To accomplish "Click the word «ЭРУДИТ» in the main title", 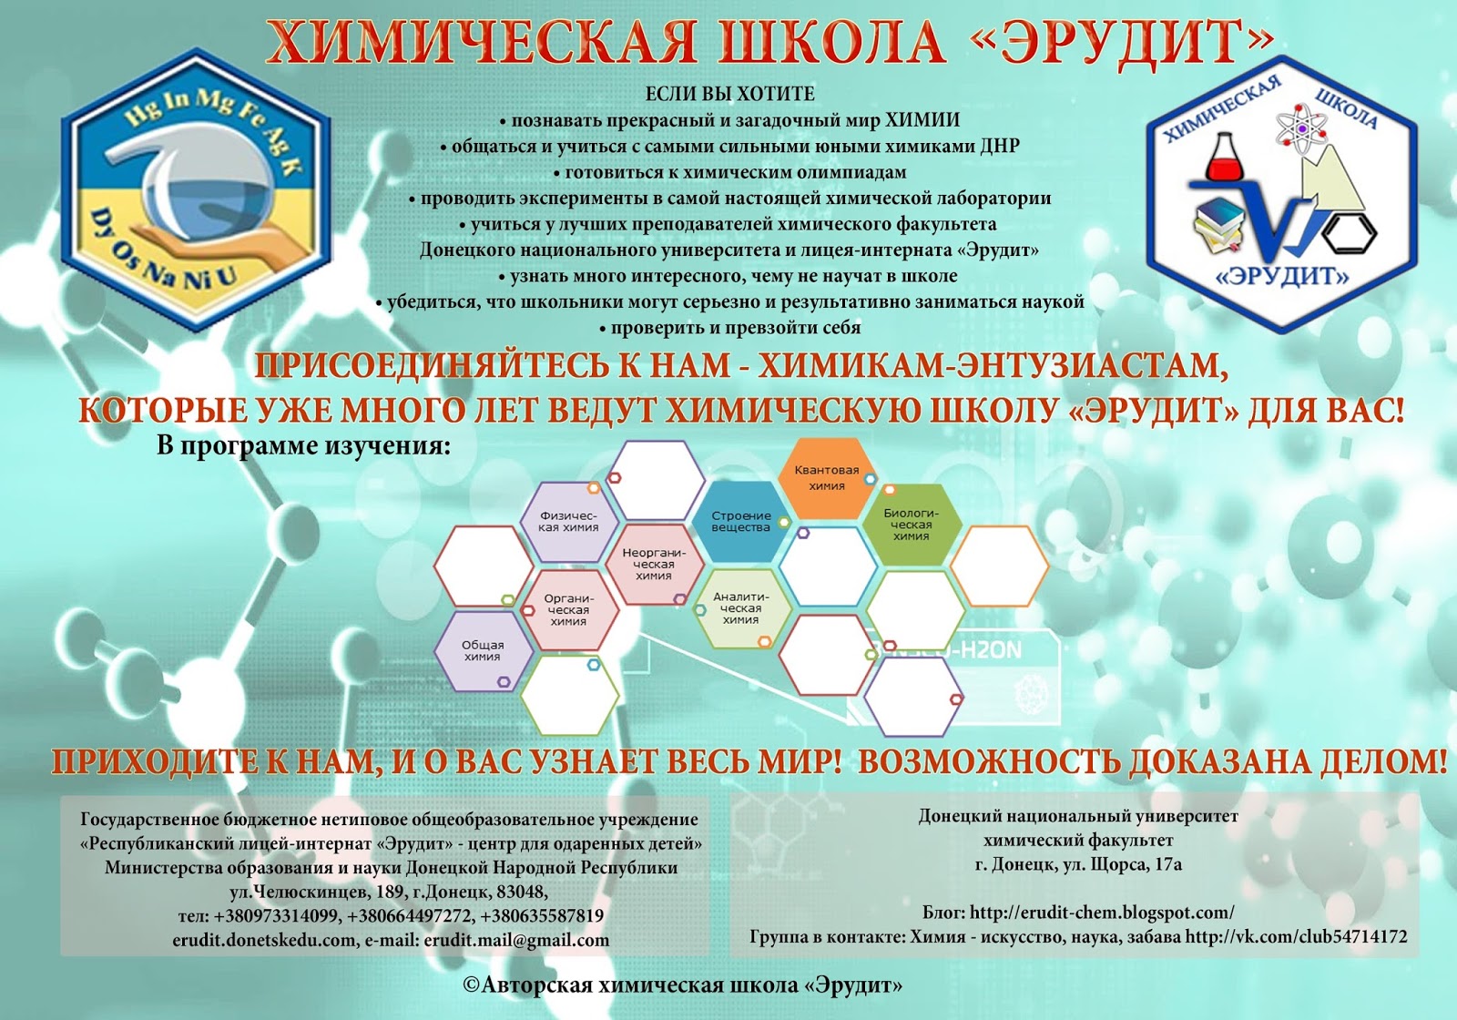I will tap(1128, 43).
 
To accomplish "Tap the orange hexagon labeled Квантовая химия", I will tap(826, 478).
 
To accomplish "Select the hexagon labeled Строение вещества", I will tap(740, 522).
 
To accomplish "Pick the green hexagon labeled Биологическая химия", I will tap(911, 525).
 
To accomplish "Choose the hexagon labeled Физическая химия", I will tap(568, 522).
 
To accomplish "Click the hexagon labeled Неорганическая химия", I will tap(654, 564).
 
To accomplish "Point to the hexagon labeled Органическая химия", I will tap(568, 609).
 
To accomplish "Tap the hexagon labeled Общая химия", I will tap(482, 650).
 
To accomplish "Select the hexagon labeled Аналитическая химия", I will tap(740, 607).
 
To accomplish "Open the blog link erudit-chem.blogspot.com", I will tap(1102, 913).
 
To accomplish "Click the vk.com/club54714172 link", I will tap(1297, 936).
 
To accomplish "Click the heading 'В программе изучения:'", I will tap(303, 446).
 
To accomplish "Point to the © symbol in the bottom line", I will tap(471, 984).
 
